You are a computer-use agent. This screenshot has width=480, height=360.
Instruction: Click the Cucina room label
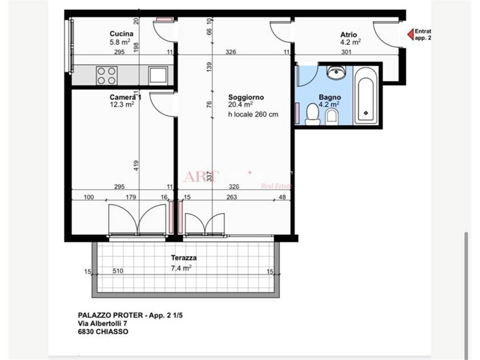click(x=121, y=34)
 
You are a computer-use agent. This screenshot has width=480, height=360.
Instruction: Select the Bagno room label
click(x=330, y=97)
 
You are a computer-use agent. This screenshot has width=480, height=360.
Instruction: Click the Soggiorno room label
click(x=246, y=97)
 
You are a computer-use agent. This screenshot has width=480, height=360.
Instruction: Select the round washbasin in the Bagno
click(x=335, y=73)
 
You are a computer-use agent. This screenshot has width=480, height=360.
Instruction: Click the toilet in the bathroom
click(x=312, y=115)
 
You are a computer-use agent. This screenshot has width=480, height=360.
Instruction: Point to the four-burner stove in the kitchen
click(x=106, y=75)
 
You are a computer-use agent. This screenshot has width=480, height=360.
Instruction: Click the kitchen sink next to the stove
click(x=158, y=75)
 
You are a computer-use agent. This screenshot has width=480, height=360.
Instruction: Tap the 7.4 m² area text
click(x=181, y=267)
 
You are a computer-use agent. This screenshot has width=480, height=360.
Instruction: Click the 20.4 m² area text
click(x=241, y=105)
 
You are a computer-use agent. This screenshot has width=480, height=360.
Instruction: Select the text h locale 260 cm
click(x=253, y=114)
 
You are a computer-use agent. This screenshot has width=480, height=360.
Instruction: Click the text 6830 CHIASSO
click(x=103, y=331)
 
